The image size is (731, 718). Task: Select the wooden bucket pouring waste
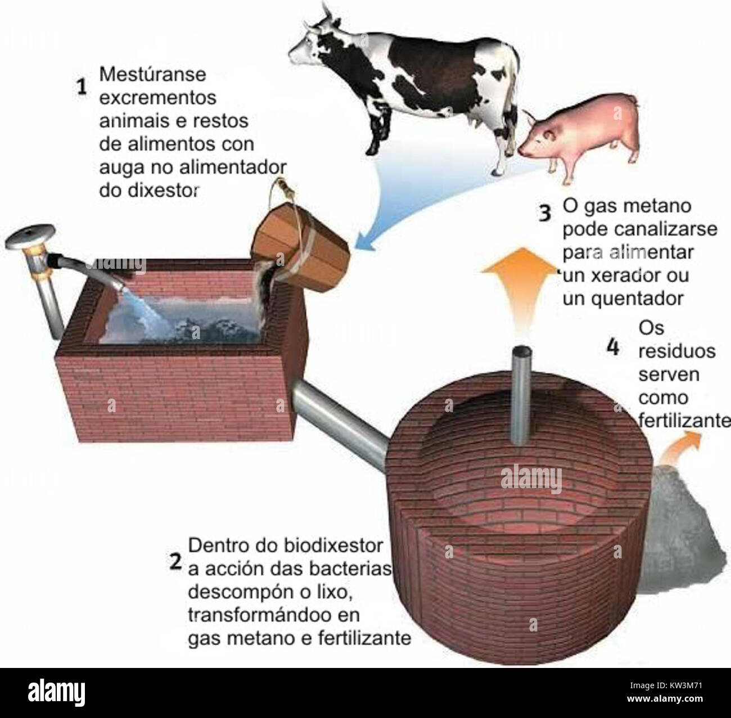(x=300, y=247)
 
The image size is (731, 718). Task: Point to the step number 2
(x=175, y=562)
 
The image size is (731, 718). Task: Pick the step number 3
(x=545, y=213)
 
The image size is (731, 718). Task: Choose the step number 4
(x=613, y=347)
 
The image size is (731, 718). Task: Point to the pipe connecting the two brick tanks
(x=340, y=425)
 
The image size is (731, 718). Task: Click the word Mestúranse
(x=152, y=74)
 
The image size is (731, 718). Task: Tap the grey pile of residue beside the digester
(x=679, y=531)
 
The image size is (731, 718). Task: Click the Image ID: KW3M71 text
(x=666, y=685)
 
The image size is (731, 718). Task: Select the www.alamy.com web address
(x=665, y=699)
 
